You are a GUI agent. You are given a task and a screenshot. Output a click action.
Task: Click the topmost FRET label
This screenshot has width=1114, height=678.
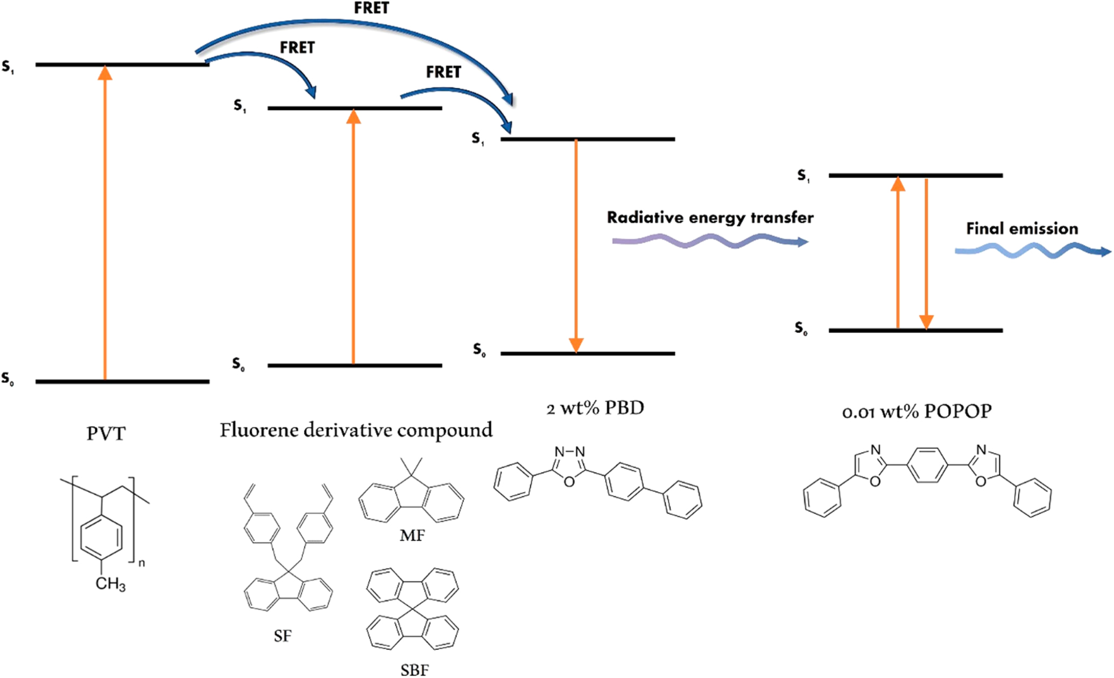[371, 8]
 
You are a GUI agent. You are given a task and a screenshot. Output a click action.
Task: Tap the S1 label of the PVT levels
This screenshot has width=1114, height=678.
[8, 67]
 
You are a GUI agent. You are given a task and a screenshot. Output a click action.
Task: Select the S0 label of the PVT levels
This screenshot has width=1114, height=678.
[8, 379]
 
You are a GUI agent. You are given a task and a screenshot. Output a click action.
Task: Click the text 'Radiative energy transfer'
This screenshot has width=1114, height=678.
[710, 218]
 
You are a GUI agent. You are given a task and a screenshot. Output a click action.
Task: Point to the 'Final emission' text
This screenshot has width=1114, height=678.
[1022, 229]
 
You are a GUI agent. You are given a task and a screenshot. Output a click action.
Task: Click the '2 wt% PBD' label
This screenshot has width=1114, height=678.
[595, 408]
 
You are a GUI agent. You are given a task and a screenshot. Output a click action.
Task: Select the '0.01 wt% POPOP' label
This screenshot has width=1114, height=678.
[916, 412]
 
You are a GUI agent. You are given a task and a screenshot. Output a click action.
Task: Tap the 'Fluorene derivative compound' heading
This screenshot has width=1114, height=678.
[356, 430]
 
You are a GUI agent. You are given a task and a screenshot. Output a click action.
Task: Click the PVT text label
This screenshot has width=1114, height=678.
[106, 434]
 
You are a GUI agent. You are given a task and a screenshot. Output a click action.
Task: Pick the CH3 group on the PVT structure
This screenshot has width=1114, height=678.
[110, 583]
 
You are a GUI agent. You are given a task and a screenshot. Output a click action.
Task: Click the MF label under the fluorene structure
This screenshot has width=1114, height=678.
[412, 535]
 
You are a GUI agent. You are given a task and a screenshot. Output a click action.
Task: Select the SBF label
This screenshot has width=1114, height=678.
[415, 670]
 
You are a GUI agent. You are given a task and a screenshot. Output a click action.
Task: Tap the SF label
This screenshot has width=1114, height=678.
[283, 636]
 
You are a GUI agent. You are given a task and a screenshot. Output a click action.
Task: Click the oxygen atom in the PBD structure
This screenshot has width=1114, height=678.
[569, 481]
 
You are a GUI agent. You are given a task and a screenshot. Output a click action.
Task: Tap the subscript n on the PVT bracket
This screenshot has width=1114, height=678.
[142, 563]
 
